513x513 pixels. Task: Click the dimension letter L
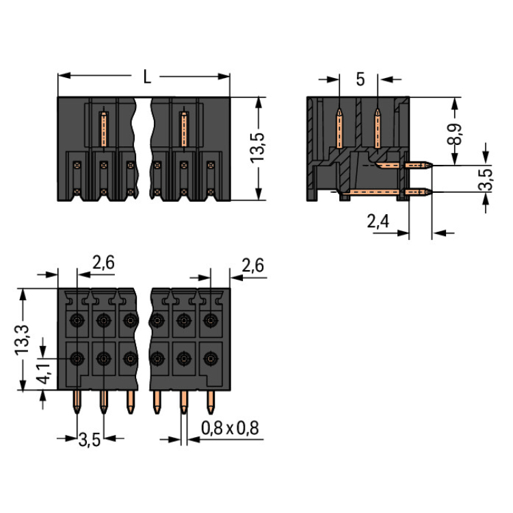pyautogui.click(x=147, y=77)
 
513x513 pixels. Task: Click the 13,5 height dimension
pyautogui.click(x=258, y=149)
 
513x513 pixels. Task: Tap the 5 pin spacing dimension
pyautogui.click(x=360, y=79)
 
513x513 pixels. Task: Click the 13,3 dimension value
pyautogui.click(x=23, y=339)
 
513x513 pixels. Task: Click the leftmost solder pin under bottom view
pyautogui.click(x=76, y=403)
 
